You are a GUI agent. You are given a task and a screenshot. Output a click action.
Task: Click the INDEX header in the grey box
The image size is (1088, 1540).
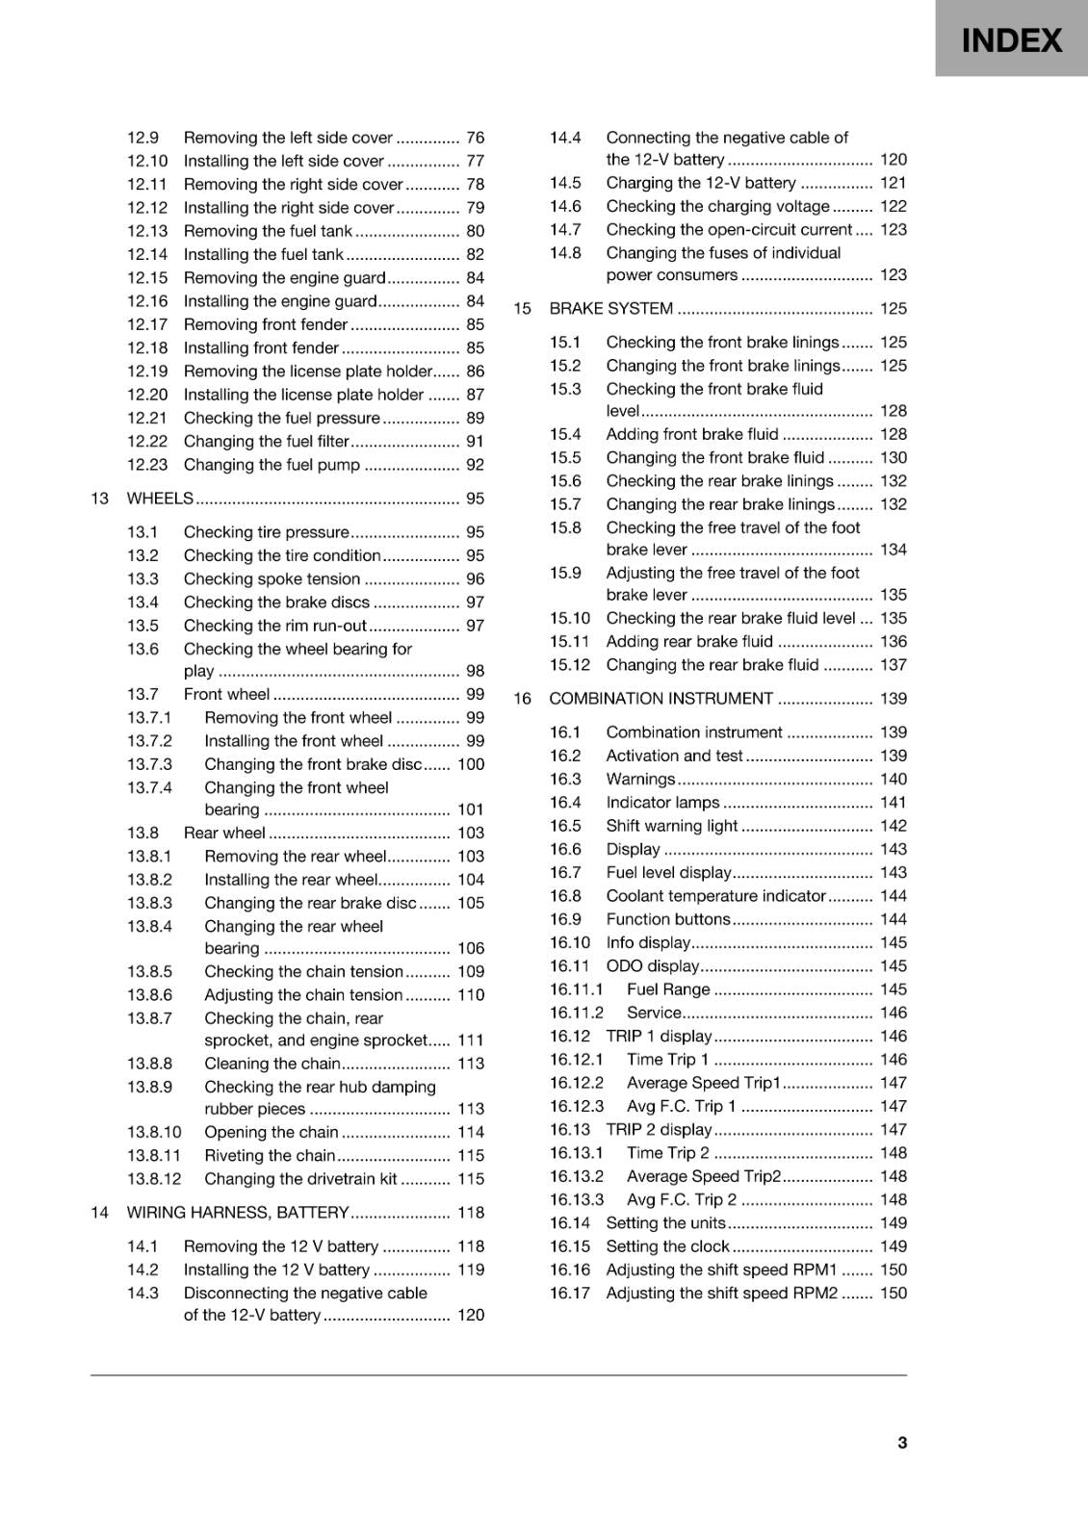tap(1011, 40)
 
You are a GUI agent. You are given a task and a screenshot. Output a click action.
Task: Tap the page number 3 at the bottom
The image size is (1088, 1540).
tap(901, 1442)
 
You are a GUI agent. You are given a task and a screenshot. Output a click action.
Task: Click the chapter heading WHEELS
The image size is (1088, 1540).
tap(160, 498)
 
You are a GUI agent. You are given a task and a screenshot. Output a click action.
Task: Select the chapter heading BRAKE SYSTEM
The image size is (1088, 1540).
tap(610, 308)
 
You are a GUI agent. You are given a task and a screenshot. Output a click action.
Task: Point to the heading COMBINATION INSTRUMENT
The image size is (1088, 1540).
tap(661, 698)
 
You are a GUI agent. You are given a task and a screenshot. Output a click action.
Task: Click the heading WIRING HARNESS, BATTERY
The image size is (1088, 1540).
tap(237, 1212)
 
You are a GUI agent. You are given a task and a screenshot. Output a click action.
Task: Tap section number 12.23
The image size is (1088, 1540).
tap(147, 464)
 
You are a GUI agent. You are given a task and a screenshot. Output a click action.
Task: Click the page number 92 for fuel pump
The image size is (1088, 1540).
tap(475, 464)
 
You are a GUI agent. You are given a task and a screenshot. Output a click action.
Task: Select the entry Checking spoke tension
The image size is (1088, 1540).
tap(272, 578)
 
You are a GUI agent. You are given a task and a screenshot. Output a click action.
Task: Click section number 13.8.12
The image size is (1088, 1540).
tap(154, 1178)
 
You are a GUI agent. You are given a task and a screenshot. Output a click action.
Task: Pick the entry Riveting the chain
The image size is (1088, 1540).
tap(270, 1155)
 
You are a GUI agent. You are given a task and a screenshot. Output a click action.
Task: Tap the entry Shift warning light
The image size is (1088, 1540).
tap(671, 825)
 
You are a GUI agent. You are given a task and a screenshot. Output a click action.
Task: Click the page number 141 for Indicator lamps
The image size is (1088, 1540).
tap(893, 802)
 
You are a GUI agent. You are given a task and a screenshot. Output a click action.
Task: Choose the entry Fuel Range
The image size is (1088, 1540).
tap(667, 988)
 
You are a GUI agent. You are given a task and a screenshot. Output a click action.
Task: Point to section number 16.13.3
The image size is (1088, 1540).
tap(577, 1199)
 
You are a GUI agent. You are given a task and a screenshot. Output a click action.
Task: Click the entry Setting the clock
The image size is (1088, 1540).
tap(667, 1245)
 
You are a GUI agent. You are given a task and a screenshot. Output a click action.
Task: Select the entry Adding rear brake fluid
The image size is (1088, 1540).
tap(689, 641)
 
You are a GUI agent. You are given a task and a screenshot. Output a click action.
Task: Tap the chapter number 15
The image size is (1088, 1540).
tap(522, 308)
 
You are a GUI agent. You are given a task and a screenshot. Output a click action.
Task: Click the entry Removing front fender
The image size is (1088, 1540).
tap(265, 324)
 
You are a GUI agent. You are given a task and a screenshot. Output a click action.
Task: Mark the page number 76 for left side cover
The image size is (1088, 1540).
tap(475, 138)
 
